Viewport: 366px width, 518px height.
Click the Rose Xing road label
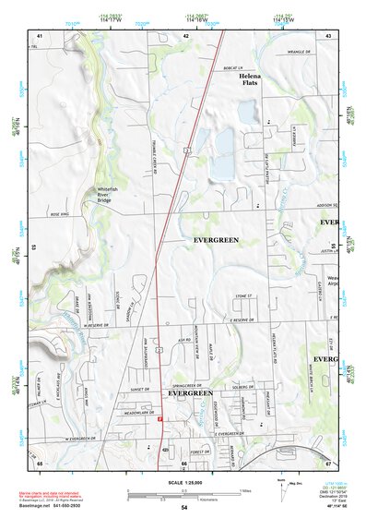click(60, 214)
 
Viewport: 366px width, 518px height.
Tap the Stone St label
click(242, 296)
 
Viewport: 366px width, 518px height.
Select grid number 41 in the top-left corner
click(40, 35)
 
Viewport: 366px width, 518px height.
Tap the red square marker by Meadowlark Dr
click(159, 420)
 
